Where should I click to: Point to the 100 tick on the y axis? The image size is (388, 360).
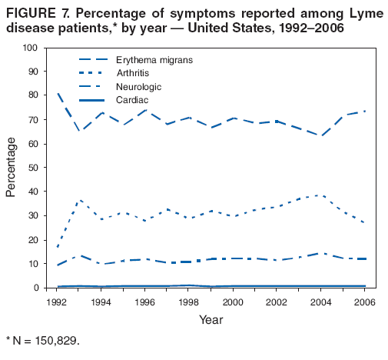coord(30,48)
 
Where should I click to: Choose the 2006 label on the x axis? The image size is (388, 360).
coord(363,302)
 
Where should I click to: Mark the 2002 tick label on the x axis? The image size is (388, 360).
coord(276,302)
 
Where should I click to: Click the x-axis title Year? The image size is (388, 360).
coord(210,319)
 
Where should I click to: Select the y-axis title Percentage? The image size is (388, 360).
coord(12,168)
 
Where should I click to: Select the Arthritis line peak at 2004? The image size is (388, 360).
coord(320,195)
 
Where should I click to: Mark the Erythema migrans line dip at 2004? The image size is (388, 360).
coord(320,135)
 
